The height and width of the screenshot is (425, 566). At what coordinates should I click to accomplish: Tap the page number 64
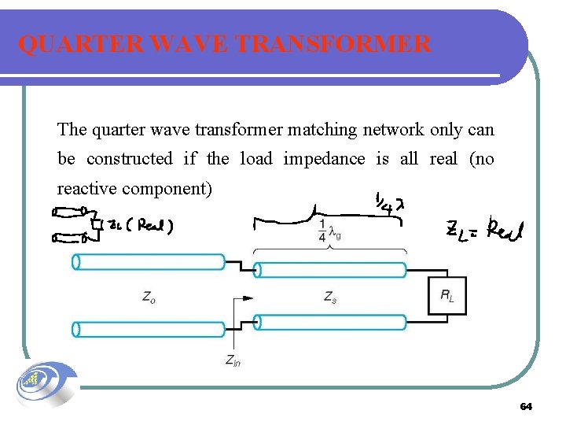526,406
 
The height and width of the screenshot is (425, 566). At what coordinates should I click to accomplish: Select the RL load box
447,297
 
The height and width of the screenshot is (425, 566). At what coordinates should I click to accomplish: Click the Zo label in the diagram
149,297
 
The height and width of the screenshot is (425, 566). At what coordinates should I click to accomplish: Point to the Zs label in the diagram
330,297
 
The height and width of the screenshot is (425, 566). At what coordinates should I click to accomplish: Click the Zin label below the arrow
233,360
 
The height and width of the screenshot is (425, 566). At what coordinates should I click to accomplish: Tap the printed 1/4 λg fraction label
331,230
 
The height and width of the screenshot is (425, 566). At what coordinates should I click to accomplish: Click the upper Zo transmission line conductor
149,262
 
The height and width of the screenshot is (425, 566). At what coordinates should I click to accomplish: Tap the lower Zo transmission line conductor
149,329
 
